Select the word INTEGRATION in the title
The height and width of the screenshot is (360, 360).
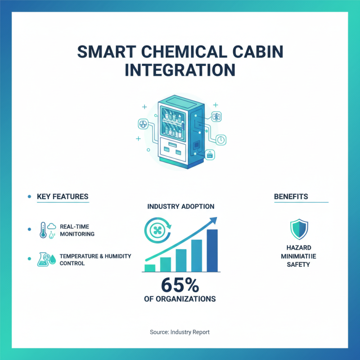coord(180,71)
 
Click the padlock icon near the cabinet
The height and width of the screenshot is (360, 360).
coord(210,155)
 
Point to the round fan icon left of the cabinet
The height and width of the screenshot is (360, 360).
coord(142,124)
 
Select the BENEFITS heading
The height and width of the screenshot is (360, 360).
coord(291,197)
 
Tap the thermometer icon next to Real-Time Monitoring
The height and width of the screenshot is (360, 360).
coord(43,229)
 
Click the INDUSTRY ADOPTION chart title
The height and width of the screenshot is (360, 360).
coord(181,207)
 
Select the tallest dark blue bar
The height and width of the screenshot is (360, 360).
coord(212,251)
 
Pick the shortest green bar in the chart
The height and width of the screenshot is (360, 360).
coord(149,268)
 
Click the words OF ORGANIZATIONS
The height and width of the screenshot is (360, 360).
coord(180,299)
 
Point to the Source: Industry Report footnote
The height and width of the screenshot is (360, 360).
coord(180,332)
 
